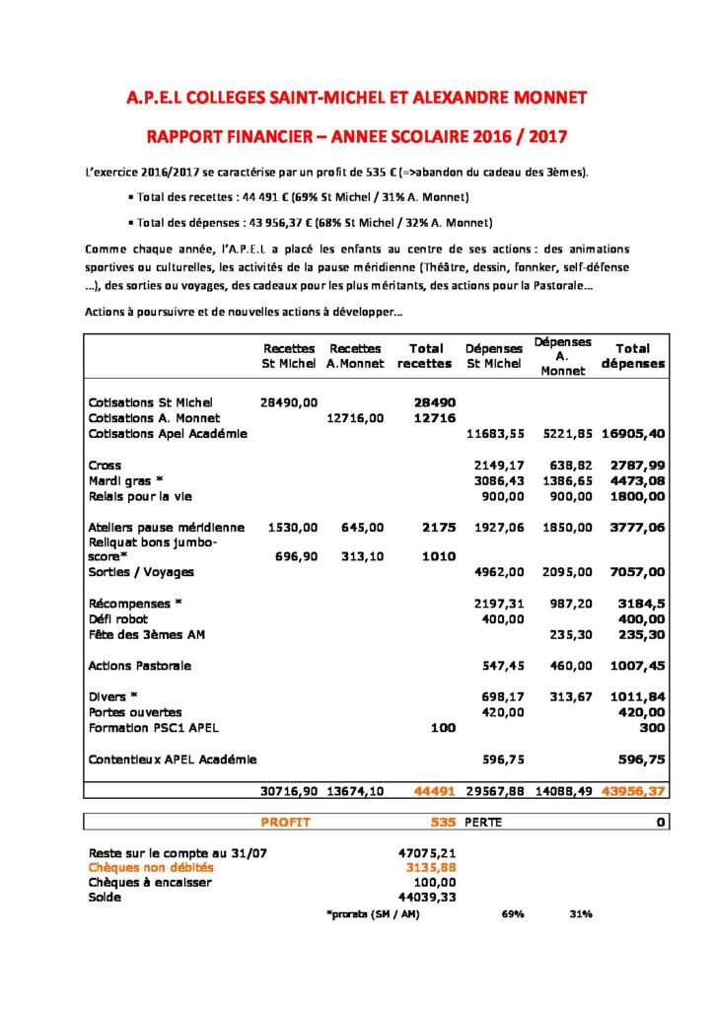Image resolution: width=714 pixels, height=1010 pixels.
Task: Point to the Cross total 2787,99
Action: coord(640,465)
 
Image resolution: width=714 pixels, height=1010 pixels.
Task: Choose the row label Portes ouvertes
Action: coord(135,712)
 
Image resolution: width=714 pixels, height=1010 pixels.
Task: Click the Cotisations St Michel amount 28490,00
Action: coord(288,402)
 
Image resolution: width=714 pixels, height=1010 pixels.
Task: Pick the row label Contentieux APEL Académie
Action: coord(173,759)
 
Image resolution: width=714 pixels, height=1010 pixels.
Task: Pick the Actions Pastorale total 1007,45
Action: coord(640,666)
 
